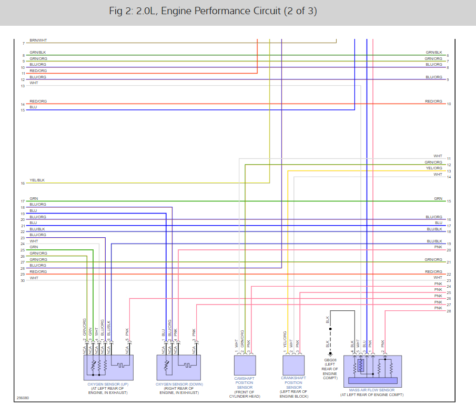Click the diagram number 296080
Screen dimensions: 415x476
tap(23, 398)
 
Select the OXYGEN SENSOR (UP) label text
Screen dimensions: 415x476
tap(108, 384)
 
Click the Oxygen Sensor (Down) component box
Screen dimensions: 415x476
tap(179, 367)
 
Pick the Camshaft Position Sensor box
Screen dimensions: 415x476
tap(245, 365)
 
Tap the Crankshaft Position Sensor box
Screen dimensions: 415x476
tap(293, 365)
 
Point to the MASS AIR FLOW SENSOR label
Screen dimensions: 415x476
tap(372, 390)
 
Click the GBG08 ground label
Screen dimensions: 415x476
tap(330, 360)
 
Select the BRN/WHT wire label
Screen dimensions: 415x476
tap(37, 41)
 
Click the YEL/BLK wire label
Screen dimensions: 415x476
tap(37, 180)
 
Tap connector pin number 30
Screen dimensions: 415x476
tap(23, 280)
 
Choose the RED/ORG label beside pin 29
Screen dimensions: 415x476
tap(38, 272)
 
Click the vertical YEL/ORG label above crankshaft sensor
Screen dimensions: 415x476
tap(285, 340)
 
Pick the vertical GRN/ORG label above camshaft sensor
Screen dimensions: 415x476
tap(242, 339)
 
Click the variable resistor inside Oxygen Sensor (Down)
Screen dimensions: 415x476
tap(167, 364)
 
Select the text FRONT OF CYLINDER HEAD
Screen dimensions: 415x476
tap(245, 394)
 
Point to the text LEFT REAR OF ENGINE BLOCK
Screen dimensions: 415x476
tap(293, 394)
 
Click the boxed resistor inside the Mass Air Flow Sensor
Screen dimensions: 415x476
tap(360, 365)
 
